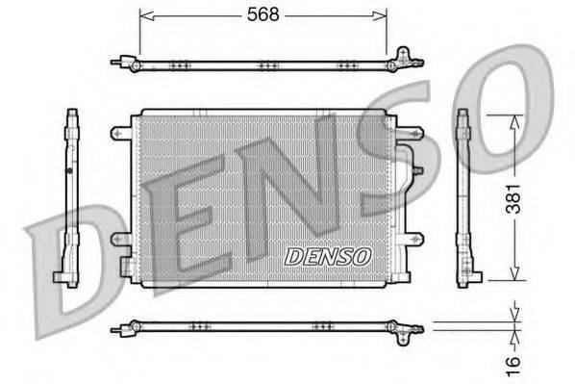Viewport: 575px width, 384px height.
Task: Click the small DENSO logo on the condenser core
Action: tap(328, 257)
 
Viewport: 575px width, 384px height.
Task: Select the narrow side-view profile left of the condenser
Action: tap(71, 198)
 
